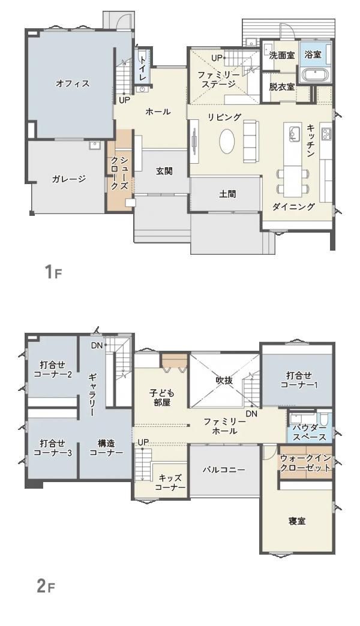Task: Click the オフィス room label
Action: coord(73,84)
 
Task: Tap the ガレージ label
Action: coord(68,179)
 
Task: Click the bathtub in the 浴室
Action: coord(314,76)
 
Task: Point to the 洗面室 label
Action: coord(281,55)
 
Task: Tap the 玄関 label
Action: coord(164,171)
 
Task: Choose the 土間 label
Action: coord(227,194)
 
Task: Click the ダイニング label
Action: coord(293,207)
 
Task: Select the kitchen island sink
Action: coord(294,134)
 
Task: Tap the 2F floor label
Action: coord(46,586)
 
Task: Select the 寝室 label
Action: coord(297,520)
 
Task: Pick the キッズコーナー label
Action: coord(171,483)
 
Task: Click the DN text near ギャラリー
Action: coord(97,345)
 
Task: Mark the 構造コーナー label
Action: coord(106,448)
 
